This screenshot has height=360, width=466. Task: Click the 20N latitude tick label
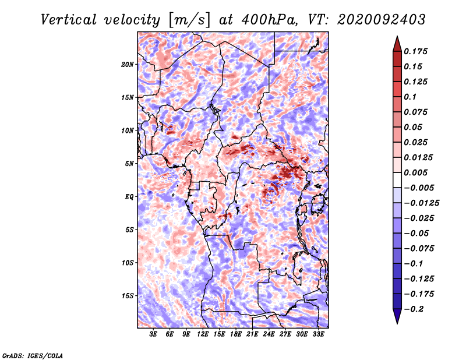128,65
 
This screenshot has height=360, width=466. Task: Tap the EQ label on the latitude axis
129,197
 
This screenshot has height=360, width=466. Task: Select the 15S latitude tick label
128,296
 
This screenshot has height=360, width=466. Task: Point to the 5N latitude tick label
129,164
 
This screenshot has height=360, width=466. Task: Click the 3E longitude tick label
153,334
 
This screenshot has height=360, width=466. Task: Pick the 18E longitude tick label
236,334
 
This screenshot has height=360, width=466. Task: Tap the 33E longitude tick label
318,334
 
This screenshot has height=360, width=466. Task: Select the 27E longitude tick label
285,334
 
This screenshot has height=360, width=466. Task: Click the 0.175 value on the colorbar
416,51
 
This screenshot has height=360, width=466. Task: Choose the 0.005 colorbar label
416,172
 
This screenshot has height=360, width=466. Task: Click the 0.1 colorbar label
410,97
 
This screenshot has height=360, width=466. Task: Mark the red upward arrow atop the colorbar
397,44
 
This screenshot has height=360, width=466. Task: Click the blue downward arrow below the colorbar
397,316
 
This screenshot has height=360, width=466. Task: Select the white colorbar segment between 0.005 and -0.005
397,180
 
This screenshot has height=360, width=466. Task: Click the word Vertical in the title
69,20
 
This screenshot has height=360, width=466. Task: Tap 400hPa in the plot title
269,20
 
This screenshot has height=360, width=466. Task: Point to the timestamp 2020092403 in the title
382,20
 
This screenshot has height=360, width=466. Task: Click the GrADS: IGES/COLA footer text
33,355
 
